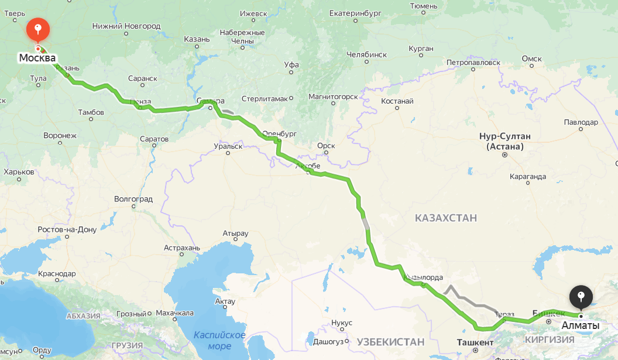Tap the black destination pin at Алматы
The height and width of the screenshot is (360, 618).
pyautogui.click(x=581, y=296)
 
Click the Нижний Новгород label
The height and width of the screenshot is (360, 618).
pyautogui.click(x=126, y=26)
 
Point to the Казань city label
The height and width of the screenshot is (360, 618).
pyautogui.click(x=197, y=39)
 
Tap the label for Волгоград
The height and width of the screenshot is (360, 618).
pyautogui.click(x=133, y=199)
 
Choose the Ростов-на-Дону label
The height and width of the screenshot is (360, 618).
pyautogui.click(x=67, y=229)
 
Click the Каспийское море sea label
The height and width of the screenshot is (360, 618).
pyautogui.click(x=219, y=340)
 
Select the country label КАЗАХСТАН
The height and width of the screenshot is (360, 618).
pyautogui.click(x=446, y=218)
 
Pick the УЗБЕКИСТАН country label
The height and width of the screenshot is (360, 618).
pyautogui.click(x=390, y=342)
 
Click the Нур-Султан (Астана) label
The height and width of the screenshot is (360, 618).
pyautogui.click(x=504, y=141)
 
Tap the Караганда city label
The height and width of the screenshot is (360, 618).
pyautogui.click(x=527, y=176)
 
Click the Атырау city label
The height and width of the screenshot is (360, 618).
pyautogui.click(x=235, y=234)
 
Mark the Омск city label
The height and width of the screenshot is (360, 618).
pyautogui.click(x=532, y=59)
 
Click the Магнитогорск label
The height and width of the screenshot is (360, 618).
pyautogui.click(x=332, y=96)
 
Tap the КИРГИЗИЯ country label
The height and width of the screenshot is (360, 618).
pyautogui.click(x=550, y=340)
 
